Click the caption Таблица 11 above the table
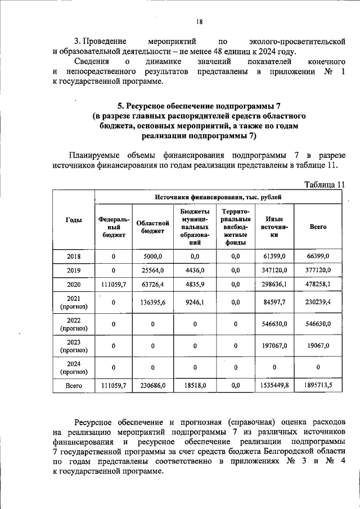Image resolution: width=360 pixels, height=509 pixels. [323, 184]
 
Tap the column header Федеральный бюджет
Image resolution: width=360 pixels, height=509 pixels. [113, 227]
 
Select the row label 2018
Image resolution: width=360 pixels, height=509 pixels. [73, 256]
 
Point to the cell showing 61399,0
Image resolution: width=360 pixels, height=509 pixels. [275, 256]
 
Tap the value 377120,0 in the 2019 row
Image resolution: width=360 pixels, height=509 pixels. [318, 271]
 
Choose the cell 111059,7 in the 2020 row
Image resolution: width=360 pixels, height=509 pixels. [113, 285]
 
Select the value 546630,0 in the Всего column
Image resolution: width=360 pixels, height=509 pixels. [318, 324]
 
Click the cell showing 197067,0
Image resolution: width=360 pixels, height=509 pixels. [275, 346]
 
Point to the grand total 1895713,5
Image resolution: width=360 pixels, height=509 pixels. [318, 386]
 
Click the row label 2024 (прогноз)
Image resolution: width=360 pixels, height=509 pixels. [73, 367]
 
